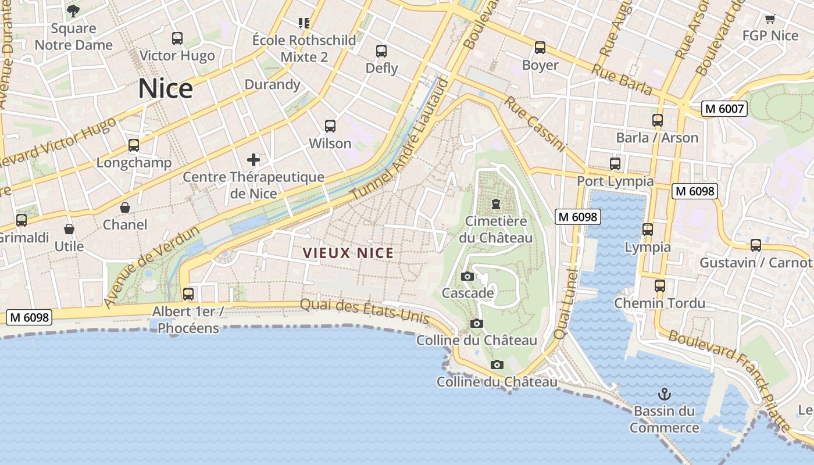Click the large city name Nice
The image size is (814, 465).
coord(165,89)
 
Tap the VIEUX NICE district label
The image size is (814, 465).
coord(348,253)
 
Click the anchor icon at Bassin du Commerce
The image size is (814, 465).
coord(664,394)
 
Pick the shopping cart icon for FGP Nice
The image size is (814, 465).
coord(770,19)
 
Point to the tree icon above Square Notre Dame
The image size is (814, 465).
coord(73,10)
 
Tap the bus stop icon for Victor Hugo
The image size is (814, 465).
coord(177,38)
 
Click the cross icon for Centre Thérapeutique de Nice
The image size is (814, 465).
coord(254,159)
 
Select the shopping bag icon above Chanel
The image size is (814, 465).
coord(125,208)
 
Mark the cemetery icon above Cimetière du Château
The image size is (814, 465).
coord(496,204)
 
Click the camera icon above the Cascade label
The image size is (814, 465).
coord(467,276)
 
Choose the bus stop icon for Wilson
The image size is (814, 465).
coord(330,126)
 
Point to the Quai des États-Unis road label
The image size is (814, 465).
coord(365,311)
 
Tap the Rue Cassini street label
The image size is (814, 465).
coord(534,124)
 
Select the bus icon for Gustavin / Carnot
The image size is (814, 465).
coord(755,245)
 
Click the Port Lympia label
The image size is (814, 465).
coord(615,181)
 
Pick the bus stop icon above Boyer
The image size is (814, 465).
coord(540,48)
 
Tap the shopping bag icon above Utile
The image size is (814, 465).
coord(69,229)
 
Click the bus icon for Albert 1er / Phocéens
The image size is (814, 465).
coord(188,294)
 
